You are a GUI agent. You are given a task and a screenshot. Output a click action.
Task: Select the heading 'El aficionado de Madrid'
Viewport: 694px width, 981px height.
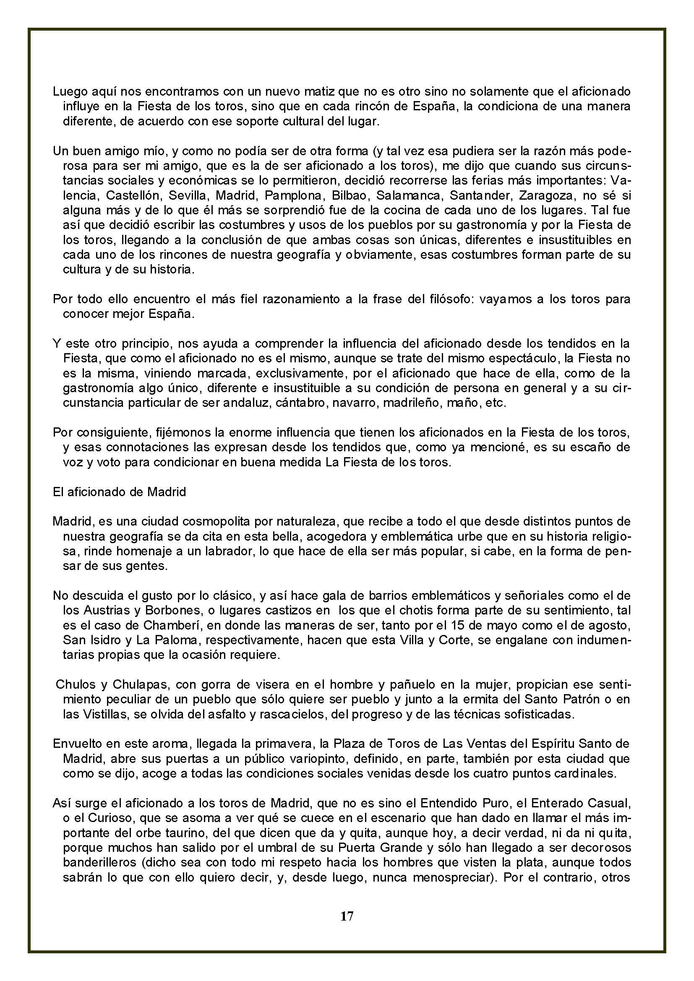coord(119,492)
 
